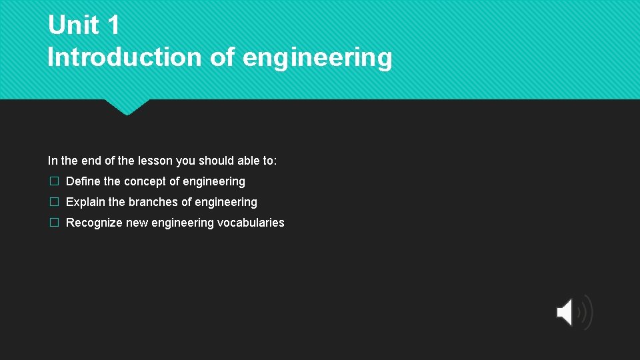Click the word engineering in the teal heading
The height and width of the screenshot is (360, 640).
point(317,59)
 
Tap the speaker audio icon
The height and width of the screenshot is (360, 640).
point(573,311)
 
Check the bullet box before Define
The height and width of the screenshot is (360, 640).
point(54,181)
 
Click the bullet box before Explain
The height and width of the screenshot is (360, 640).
point(54,202)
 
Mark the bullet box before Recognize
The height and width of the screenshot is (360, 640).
point(54,223)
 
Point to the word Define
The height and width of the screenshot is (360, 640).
point(83,181)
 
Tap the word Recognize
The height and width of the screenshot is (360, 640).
point(94,223)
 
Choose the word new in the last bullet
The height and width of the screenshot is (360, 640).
point(137,223)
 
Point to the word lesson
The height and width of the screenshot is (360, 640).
point(155,161)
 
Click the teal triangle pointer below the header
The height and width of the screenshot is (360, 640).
point(126,107)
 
